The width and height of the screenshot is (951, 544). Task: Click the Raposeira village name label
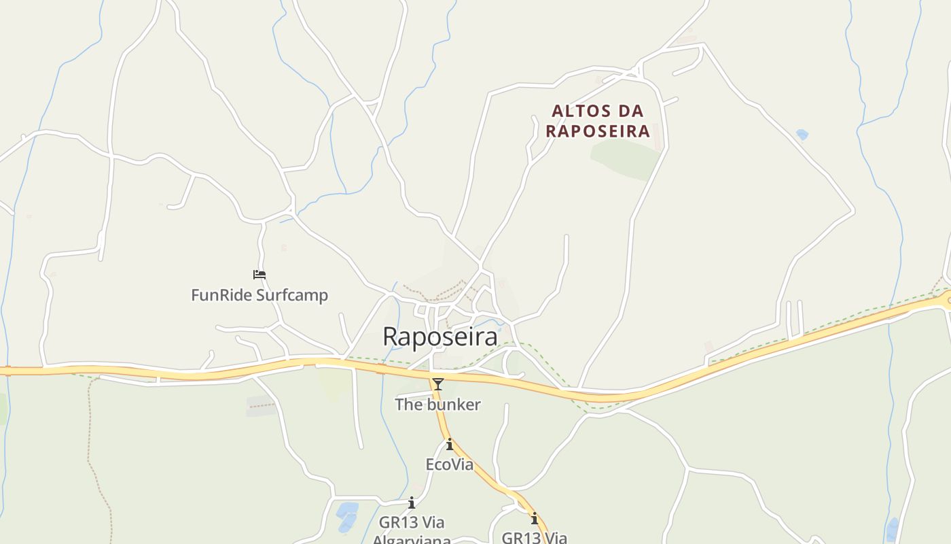pos(439,337)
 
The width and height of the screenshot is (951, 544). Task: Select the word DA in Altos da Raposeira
pos(632,111)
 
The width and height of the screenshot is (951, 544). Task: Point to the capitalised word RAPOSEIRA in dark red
pos(598,131)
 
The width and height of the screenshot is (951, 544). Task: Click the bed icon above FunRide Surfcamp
pos(259,275)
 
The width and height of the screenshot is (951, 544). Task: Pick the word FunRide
pos(221,295)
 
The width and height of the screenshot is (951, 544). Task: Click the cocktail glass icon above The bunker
pos(438,384)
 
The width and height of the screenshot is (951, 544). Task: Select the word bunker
pos(455,405)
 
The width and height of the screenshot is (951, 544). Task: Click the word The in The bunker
pos(410,405)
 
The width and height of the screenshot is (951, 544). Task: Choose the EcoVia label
pos(449,464)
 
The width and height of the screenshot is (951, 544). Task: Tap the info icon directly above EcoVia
pos(449,445)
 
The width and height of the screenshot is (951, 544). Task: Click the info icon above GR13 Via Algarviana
pos(411,503)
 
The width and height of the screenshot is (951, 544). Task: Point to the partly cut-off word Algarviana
pos(412,540)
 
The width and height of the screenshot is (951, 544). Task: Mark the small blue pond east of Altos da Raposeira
pos(802,135)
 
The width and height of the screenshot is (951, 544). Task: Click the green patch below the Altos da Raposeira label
pos(625,160)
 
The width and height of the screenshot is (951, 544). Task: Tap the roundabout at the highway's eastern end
pos(948,300)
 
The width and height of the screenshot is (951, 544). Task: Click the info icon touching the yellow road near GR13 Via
pos(535,518)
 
